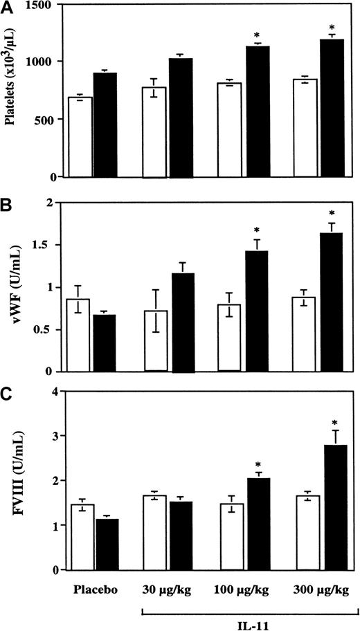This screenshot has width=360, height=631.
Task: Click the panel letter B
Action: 9,205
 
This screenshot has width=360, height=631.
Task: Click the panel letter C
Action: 9,395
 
